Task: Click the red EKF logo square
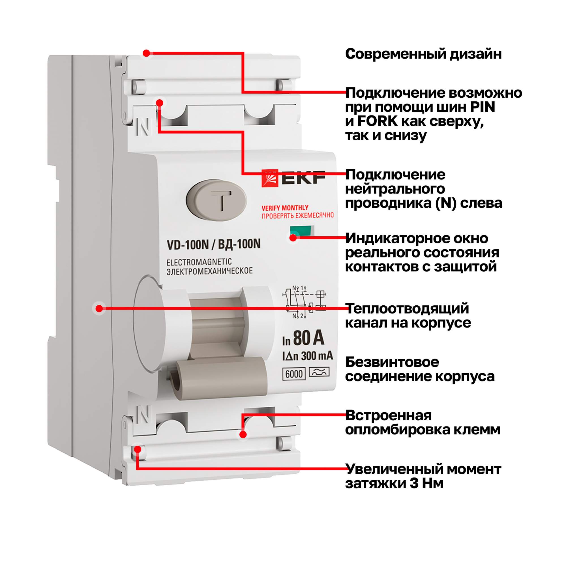269,178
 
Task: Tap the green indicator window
302,231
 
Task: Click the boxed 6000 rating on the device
294,374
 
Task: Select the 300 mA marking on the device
317,356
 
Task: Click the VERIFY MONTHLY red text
285,208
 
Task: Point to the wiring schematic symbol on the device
305,302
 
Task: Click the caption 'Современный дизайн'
423,54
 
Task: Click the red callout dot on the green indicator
293,238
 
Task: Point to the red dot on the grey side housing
99,308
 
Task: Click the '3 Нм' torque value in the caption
426,483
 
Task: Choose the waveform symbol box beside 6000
319,372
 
